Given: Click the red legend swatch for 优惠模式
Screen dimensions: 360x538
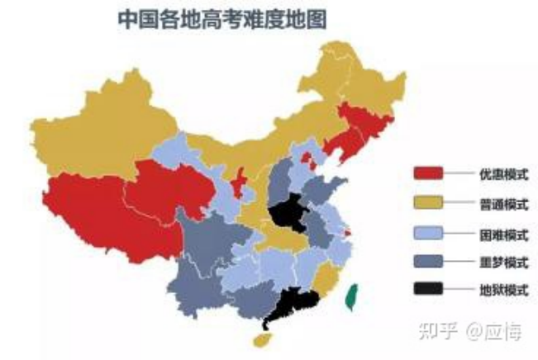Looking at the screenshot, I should click(429, 173).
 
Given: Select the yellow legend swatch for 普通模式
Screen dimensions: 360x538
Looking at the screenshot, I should click(429, 203).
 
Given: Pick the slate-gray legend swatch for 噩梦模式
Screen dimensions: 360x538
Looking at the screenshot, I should click(429, 262).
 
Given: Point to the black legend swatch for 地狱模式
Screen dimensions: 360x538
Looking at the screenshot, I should click(429, 289).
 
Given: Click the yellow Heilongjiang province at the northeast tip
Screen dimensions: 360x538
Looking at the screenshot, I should click(364, 83).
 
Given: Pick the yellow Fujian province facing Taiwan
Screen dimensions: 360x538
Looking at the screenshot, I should click(326, 277).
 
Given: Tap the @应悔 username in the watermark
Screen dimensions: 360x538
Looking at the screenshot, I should click(493, 331).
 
